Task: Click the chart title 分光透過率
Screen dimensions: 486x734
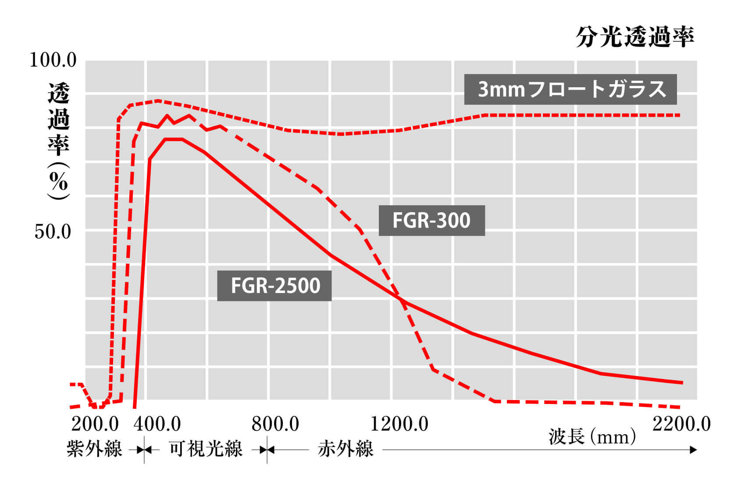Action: click(x=634, y=37)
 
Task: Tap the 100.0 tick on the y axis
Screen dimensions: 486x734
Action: click(x=53, y=60)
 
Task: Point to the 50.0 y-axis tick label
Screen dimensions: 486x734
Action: click(x=53, y=231)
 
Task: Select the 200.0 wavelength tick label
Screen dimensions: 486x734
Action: click(x=95, y=424)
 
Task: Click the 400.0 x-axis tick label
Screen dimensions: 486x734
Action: click(x=157, y=424)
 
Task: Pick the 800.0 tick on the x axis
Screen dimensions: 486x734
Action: click(x=275, y=424)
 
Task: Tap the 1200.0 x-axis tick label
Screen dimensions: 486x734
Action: click(x=399, y=424)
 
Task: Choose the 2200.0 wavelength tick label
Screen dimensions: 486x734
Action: click(x=681, y=424)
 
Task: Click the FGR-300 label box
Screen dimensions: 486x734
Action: click(x=431, y=220)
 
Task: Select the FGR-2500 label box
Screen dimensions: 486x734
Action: click(x=274, y=286)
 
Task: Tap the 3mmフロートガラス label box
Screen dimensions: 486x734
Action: click(x=570, y=89)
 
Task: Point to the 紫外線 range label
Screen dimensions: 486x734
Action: click(x=94, y=449)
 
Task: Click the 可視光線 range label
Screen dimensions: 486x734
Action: click(x=206, y=449)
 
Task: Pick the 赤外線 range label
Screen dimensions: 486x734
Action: click(x=346, y=449)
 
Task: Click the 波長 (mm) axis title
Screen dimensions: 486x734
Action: click(x=592, y=436)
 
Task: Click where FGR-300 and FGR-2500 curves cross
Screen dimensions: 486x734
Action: click(x=399, y=299)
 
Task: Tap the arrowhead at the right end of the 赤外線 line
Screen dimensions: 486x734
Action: click(x=693, y=450)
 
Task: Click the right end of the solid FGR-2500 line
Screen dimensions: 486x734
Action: click(x=682, y=382)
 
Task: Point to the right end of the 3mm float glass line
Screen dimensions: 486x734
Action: click(x=680, y=115)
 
